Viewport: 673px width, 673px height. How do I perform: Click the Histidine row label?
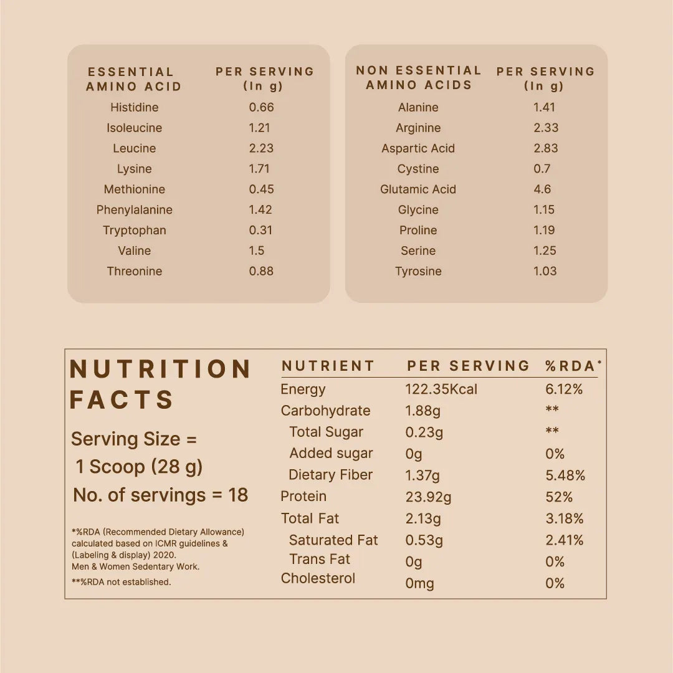pyautogui.click(x=134, y=107)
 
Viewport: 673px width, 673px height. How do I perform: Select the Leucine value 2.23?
pyautogui.click(x=261, y=148)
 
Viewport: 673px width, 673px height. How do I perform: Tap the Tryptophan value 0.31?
pyautogui.click(x=260, y=230)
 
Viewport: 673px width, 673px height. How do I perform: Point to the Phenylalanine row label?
pyautogui.click(x=134, y=210)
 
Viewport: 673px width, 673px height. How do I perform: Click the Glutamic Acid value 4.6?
pyautogui.click(x=542, y=189)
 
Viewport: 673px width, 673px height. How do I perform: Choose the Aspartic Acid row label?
pyautogui.click(x=418, y=148)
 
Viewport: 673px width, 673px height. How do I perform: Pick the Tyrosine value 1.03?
pyautogui.click(x=545, y=271)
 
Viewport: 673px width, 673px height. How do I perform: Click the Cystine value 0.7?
pyautogui.click(x=542, y=169)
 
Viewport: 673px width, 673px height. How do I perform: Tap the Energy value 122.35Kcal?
pyautogui.click(x=441, y=389)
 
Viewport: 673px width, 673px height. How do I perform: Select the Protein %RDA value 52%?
pyautogui.click(x=559, y=497)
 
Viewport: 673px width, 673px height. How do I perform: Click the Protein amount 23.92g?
pyautogui.click(x=428, y=497)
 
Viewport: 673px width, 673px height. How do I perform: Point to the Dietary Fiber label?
pyautogui.click(x=330, y=475)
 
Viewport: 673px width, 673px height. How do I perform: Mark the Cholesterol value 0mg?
pyautogui.click(x=419, y=583)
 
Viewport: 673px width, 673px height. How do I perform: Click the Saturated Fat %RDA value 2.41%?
pyautogui.click(x=565, y=540)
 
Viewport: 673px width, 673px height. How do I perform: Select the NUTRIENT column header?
pyautogui.click(x=328, y=366)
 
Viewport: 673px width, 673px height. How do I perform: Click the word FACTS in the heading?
pyautogui.click(x=122, y=400)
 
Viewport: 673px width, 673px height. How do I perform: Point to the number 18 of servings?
pyautogui.click(x=238, y=495)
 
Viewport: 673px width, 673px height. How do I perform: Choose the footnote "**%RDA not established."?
pyautogui.click(x=121, y=582)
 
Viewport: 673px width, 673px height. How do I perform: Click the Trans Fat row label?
pyautogui.click(x=320, y=560)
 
